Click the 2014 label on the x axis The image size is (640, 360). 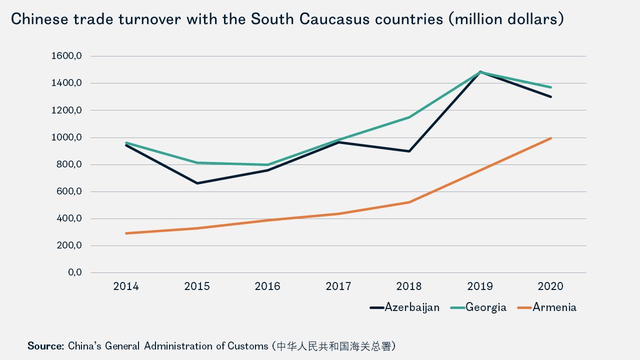pos(126,286)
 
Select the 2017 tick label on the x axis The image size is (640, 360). pos(338,286)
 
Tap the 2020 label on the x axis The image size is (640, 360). pos(550,286)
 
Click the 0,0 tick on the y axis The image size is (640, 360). pos(73,272)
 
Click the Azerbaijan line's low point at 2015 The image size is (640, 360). pos(197,183)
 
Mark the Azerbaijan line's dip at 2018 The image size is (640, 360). pos(409,151)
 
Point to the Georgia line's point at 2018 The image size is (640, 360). pos(409,117)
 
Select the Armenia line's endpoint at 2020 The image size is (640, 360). pos(551,138)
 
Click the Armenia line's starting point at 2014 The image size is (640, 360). pos(126,233)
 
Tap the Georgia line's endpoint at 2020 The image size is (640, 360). pos(551,87)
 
